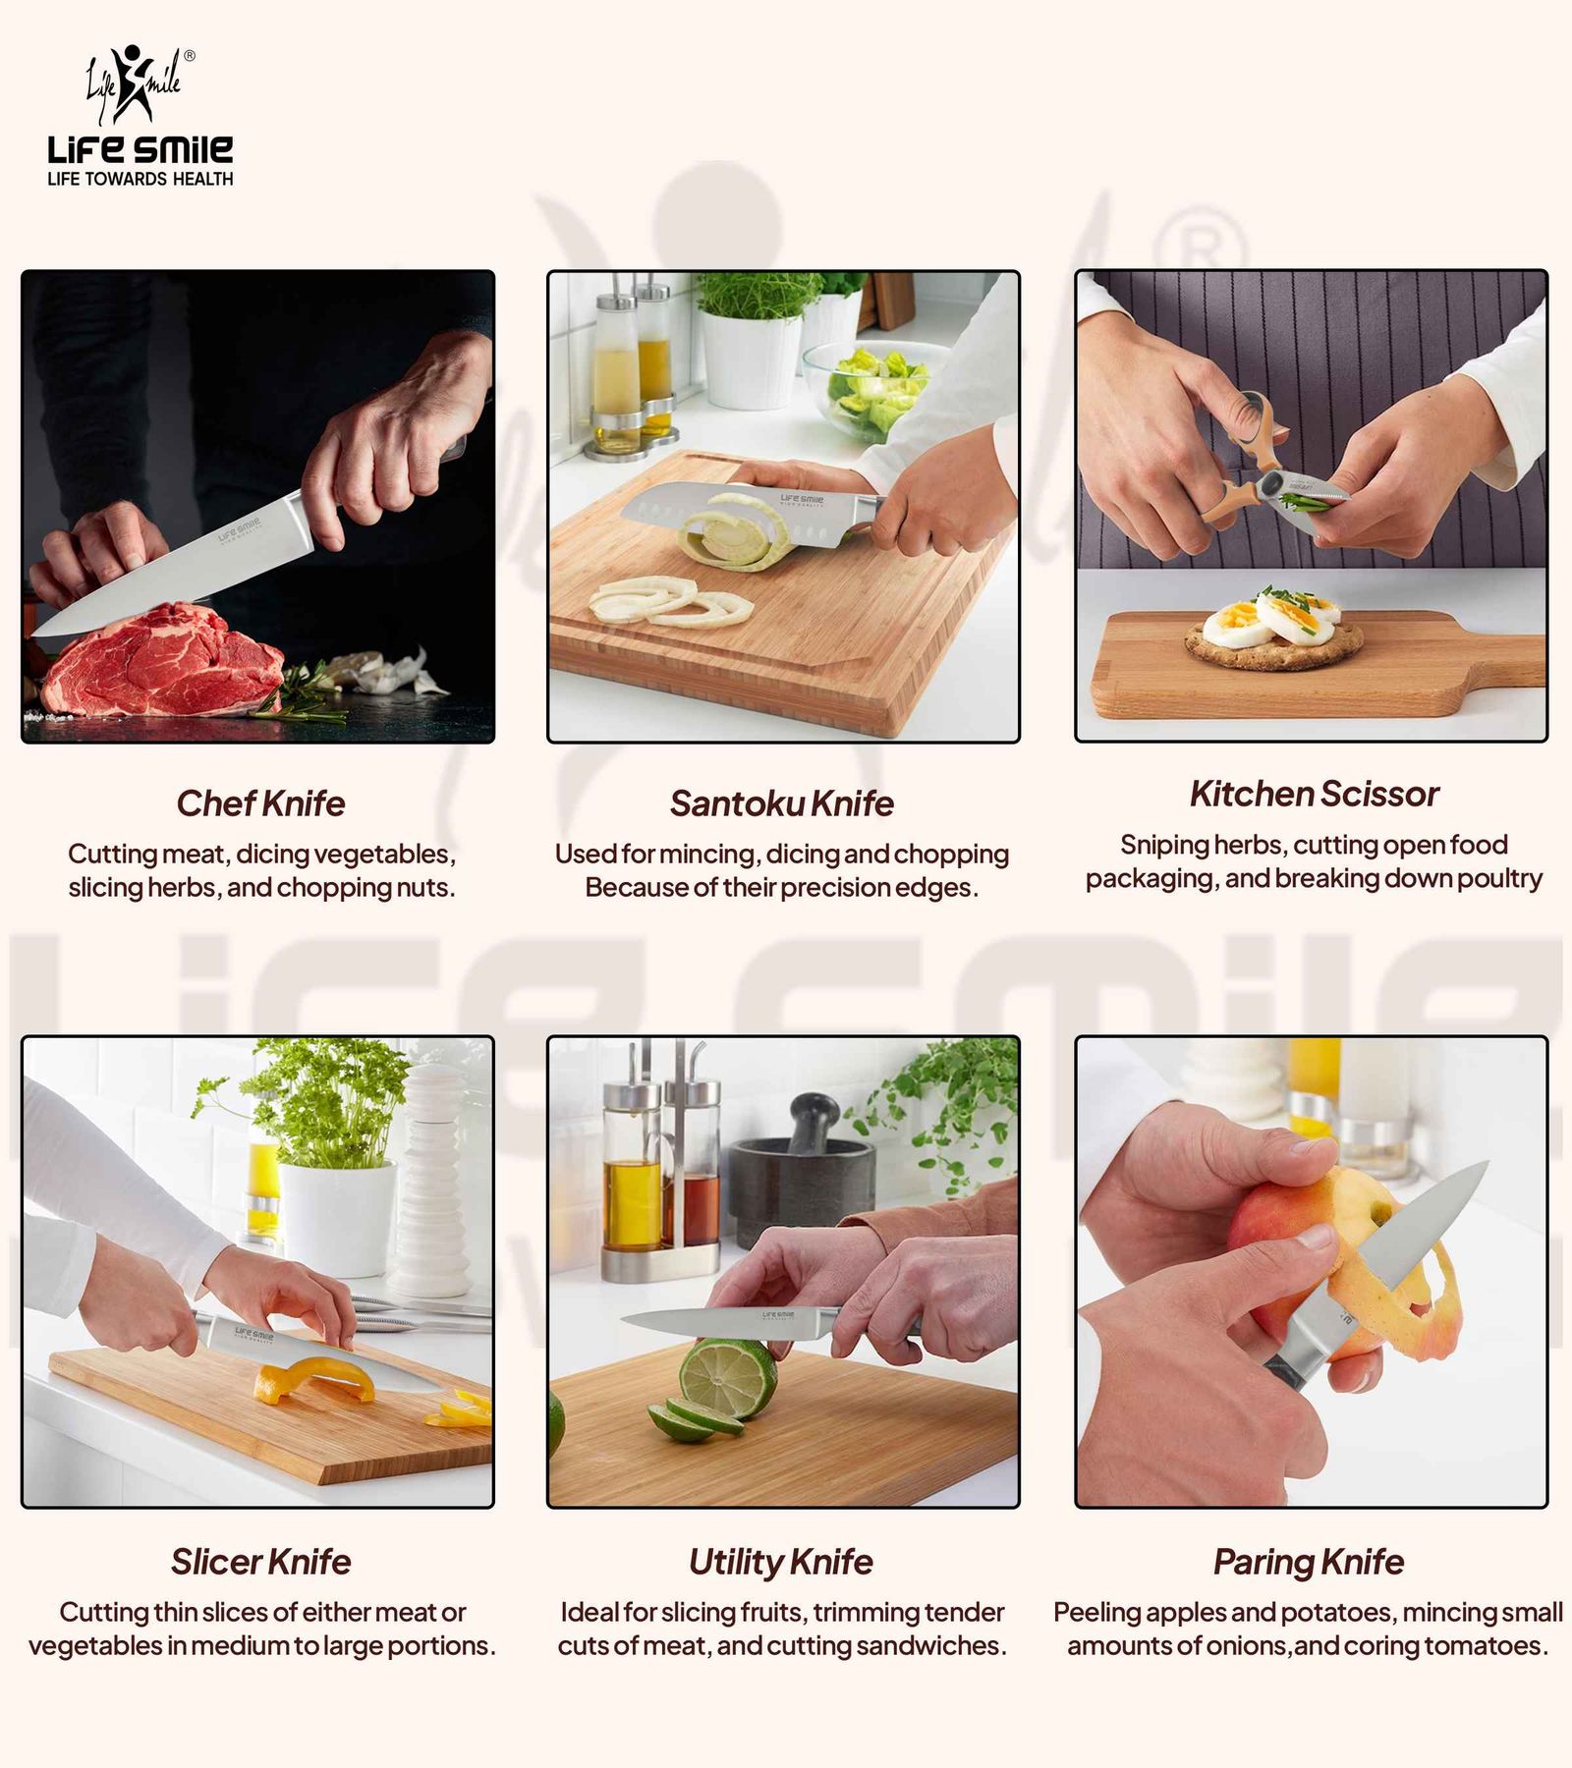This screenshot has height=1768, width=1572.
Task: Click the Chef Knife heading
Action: pos(260,803)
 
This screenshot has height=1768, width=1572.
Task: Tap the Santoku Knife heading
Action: pos(782,803)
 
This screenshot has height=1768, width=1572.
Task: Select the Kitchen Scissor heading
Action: pos(1314,794)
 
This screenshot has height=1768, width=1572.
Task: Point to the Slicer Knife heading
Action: pos(260,1562)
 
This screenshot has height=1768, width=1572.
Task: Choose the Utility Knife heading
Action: pos(781,1563)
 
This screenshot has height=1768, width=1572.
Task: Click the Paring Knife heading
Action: pos(1309,1563)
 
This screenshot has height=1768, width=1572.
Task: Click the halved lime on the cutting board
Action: pos(727,1380)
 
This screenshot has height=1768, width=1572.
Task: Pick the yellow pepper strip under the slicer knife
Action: pos(314,1381)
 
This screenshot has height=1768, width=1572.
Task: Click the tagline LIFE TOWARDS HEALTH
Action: pos(140,179)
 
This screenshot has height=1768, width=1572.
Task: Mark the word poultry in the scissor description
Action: pos(1499,879)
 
